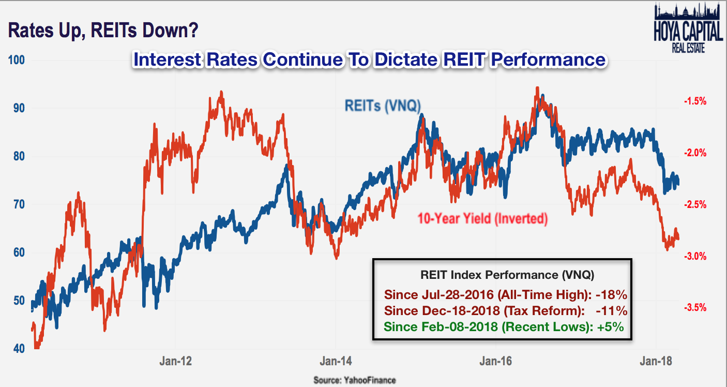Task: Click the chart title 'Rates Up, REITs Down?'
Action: tap(103, 31)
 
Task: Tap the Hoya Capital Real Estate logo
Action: tap(688, 28)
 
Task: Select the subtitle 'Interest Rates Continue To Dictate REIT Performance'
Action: tap(370, 59)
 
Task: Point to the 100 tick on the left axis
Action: tap(16, 60)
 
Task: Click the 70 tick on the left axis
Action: tap(19, 204)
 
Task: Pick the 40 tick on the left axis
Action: tap(19, 349)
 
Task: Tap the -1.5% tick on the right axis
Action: tap(695, 101)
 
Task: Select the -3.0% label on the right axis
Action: tap(695, 257)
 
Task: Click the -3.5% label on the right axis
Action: tap(695, 307)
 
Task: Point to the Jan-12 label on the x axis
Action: tap(176, 361)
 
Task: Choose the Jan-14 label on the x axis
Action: tap(336, 361)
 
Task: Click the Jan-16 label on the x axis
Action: tap(496, 361)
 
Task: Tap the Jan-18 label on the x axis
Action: tap(656, 361)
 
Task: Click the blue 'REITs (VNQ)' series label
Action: tap(383, 106)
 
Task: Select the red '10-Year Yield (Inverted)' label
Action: tap(482, 218)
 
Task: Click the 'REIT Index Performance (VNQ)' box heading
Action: tap(507, 275)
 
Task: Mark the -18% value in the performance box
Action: tap(612, 295)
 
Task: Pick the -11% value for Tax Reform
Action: tap(612, 311)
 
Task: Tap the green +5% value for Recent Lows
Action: tap(611, 326)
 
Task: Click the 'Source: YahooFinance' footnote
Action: tap(355, 380)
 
